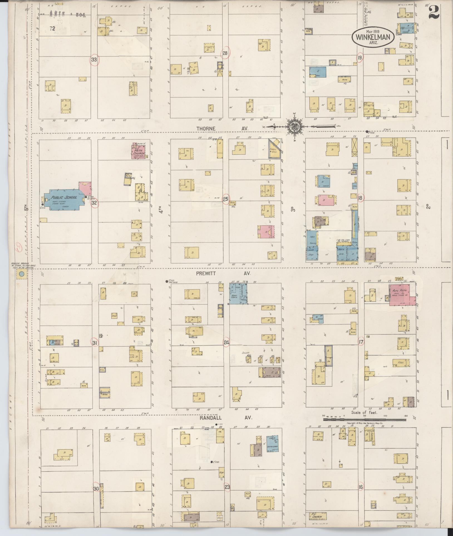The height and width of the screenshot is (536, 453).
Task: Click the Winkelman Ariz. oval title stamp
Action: click(x=373, y=36)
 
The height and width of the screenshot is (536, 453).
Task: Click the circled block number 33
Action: click(x=94, y=60)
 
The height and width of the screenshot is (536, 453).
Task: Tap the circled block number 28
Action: click(x=225, y=53)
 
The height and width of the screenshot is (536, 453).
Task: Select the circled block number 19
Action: click(x=360, y=58)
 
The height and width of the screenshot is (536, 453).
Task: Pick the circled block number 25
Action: click(x=225, y=199)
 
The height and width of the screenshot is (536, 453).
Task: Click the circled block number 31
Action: click(x=95, y=343)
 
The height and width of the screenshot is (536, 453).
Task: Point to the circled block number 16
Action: click(x=361, y=487)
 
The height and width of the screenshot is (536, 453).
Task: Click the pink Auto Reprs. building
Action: click(x=401, y=295)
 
